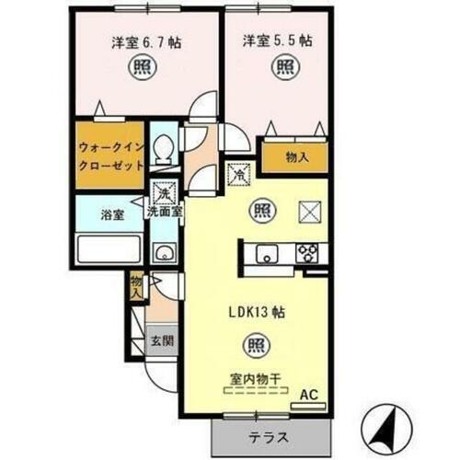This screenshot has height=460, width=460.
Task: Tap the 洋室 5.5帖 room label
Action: click(277, 41)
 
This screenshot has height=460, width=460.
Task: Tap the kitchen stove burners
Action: click(305, 253)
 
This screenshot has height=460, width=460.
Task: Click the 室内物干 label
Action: click(256, 375)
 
